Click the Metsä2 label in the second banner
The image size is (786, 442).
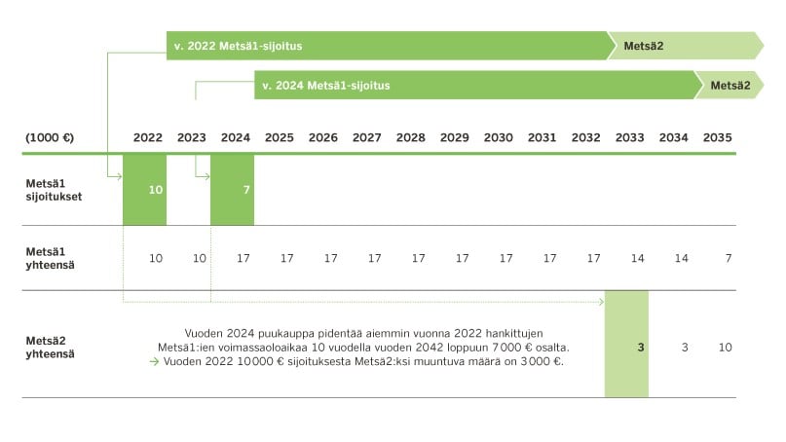pos(730,86)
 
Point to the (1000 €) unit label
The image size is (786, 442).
pos(51,138)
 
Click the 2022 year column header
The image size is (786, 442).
pos(148,138)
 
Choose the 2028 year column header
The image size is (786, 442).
pos(411,138)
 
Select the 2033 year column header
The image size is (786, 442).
pos(630,138)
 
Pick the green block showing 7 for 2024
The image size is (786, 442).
pos(233,190)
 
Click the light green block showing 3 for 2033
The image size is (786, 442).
pos(627,346)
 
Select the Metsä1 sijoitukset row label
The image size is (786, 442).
pos(55,189)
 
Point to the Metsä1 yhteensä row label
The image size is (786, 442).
pos(53,257)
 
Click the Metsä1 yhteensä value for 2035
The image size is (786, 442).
pos(728,258)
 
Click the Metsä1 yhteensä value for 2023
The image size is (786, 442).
pos(200,258)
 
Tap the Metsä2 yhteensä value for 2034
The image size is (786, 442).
pos(685,348)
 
